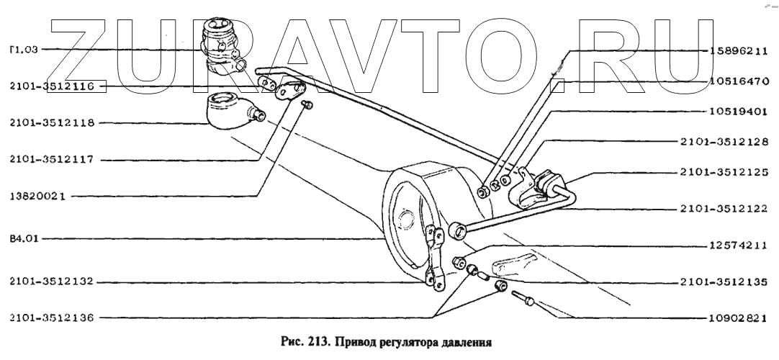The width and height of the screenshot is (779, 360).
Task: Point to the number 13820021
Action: point(40,195)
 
